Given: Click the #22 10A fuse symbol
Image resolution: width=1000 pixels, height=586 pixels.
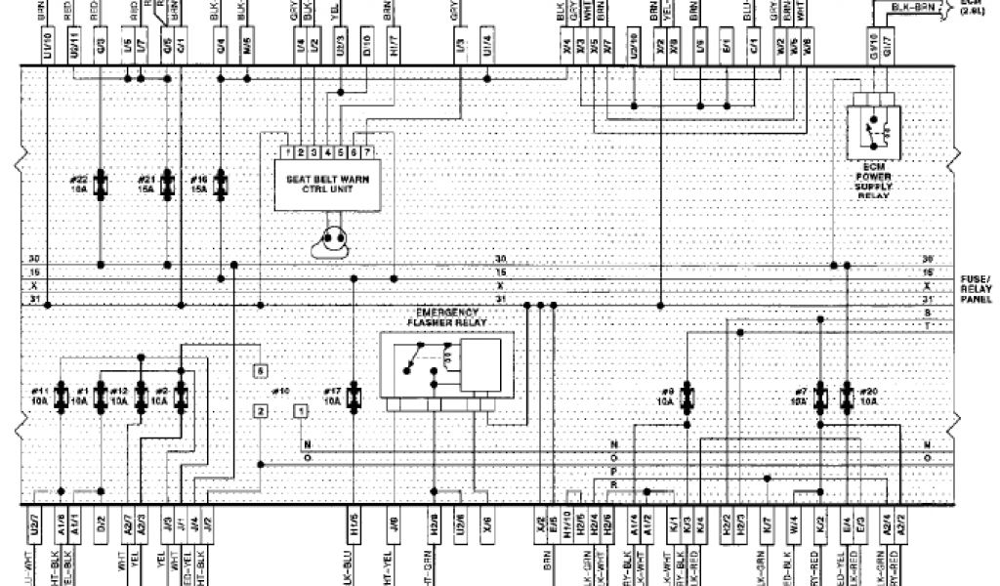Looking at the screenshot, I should click(x=102, y=182).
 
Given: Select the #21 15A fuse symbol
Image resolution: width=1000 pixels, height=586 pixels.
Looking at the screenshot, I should click(x=169, y=182).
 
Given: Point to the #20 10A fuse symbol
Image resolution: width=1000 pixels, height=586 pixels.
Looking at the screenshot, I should click(x=846, y=396).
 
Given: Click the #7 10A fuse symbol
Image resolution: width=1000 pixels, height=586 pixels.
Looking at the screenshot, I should click(x=820, y=396).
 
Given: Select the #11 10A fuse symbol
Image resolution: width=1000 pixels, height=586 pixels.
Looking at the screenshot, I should click(x=62, y=396).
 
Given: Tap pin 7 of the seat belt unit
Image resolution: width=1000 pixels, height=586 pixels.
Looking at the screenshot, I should click(x=365, y=152).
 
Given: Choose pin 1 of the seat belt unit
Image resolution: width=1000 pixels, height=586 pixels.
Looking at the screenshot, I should click(x=289, y=152).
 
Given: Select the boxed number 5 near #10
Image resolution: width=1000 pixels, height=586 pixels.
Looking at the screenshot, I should click(x=260, y=371).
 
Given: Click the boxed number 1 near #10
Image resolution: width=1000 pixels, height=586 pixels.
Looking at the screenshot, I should click(x=298, y=411).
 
